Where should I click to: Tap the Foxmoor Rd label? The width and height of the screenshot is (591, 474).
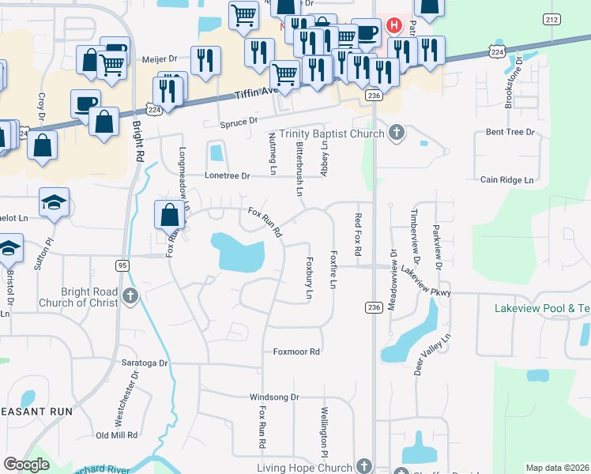(x=296, y=352)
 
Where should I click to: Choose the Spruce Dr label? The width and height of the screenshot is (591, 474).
(x=241, y=122)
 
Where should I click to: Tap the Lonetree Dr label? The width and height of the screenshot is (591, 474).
(x=227, y=175)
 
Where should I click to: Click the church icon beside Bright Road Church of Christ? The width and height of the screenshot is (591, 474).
(x=131, y=297)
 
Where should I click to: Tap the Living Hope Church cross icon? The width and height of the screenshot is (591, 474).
(x=363, y=467)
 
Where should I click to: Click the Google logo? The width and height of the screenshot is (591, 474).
(x=27, y=465)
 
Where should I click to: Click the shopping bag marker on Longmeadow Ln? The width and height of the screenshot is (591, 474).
(x=170, y=215)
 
